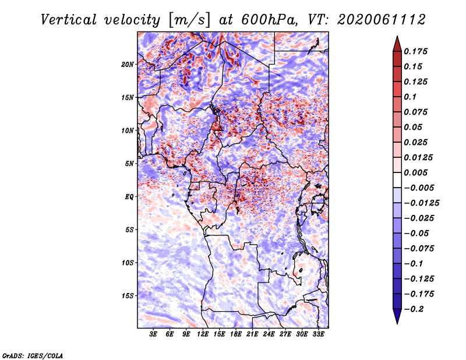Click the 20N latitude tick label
point(128,64)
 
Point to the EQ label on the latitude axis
point(130,196)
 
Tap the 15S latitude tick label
point(128,295)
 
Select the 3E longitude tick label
point(154,334)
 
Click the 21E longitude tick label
point(252,334)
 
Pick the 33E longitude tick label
point(318,334)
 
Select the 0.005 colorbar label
point(418,172)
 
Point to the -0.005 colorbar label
point(419,188)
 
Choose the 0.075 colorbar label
point(418,112)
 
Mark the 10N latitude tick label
point(128,130)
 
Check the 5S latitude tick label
point(129,230)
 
